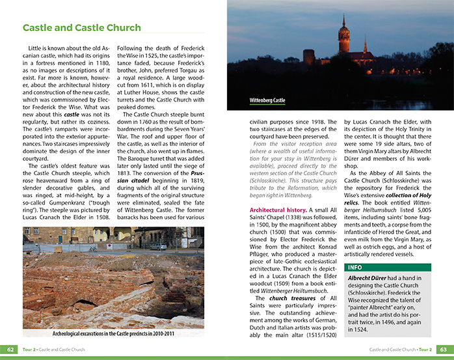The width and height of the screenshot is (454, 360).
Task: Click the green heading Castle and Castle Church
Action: tap(81, 28)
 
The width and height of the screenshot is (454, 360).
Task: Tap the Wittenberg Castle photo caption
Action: tap(267, 101)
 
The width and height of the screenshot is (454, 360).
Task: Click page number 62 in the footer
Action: tap(10, 349)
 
